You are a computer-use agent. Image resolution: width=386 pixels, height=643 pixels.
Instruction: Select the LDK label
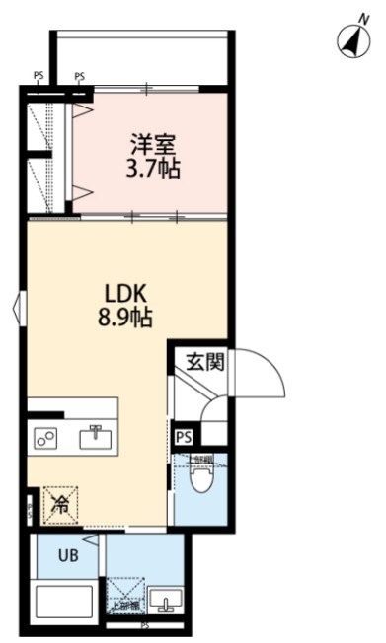point(126,293)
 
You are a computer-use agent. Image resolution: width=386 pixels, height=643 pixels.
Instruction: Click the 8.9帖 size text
point(126,318)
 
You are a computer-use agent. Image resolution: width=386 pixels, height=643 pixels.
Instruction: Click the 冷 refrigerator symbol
point(60,506)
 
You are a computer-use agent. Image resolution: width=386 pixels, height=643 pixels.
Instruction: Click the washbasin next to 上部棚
point(164,602)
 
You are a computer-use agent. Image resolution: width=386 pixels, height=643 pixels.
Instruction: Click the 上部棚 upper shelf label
point(125,607)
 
